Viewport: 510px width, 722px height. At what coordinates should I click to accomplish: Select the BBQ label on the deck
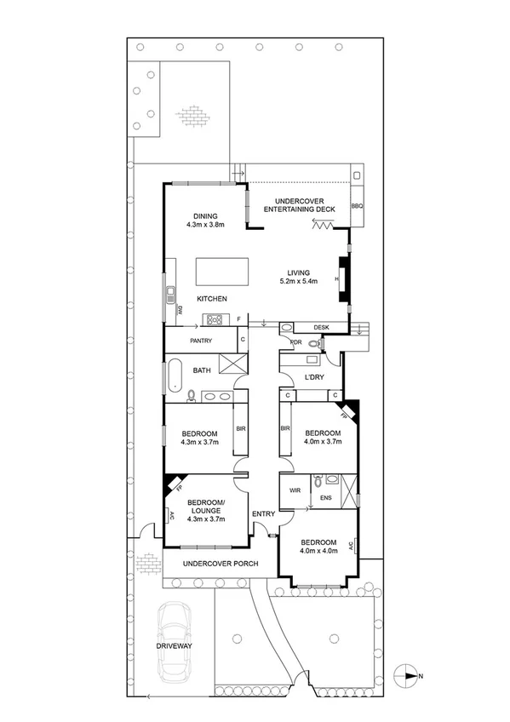[357, 207]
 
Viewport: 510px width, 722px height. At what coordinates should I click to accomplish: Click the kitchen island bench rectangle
[224, 272]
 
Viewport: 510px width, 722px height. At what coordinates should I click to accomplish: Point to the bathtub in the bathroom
[175, 375]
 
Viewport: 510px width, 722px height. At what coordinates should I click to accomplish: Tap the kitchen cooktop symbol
[212, 320]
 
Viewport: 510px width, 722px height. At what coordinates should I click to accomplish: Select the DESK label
[321, 327]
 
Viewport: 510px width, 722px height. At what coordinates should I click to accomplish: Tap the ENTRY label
[263, 513]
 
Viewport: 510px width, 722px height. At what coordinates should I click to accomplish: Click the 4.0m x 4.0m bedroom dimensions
[318, 551]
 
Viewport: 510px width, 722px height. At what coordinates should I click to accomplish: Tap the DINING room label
[204, 215]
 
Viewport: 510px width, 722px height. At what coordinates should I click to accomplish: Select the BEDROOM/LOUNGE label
[205, 507]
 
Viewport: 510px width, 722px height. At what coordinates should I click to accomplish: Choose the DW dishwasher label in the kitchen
[181, 311]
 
